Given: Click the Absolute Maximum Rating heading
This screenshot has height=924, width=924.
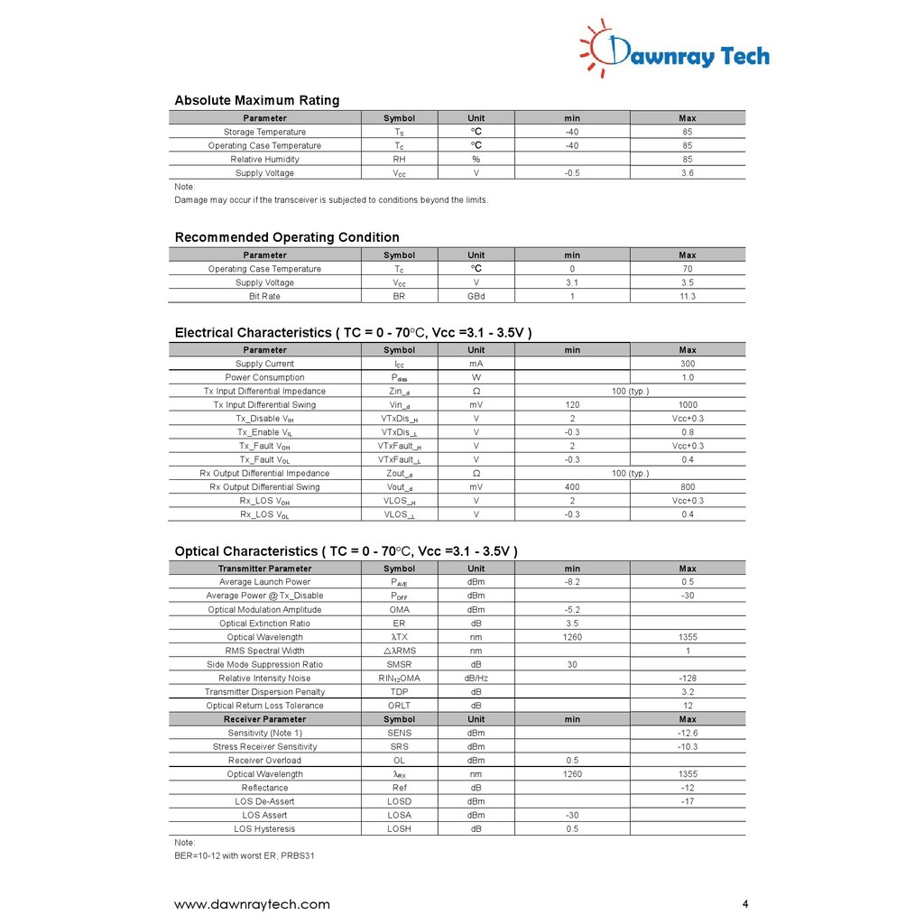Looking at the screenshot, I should [x=257, y=100].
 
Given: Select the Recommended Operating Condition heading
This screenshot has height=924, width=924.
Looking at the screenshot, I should [x=287, y=237].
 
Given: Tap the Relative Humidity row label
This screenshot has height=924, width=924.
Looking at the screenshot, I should [x=264, y=160].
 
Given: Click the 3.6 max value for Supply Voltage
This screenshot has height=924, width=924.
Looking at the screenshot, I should [x=688, y=173].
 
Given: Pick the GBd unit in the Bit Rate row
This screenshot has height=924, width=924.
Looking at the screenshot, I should [x=476, y=297].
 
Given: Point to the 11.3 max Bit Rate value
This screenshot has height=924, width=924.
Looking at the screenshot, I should [x=688, y=297].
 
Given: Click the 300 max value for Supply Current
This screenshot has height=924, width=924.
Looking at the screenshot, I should [x=688, y=365].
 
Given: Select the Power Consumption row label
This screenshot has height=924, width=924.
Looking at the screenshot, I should [x=264, y=378].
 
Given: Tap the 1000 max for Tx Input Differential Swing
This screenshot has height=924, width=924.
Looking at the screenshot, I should [x=688, y=405].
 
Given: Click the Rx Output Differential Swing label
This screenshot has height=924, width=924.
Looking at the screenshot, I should [x=264, y=487].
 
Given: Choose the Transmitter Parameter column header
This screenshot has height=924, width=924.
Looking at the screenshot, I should [x=264, y=569].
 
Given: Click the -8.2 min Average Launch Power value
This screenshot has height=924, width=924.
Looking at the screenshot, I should [x=572, y=583].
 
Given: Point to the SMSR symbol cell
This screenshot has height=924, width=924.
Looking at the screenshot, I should [x=399, y=665].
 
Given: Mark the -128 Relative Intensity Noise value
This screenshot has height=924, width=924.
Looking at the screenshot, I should [x=688, y=679].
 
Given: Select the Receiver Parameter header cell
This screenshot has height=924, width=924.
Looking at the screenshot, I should [x=264, y=720].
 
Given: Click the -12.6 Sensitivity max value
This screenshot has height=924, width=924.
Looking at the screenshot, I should [x=688, y=734].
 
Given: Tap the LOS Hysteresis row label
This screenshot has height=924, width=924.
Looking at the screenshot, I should [x=264, y=829].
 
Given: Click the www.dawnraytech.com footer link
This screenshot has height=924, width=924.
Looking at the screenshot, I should [x=252, y=904].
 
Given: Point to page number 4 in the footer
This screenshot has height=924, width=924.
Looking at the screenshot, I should [x=745, y=904].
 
